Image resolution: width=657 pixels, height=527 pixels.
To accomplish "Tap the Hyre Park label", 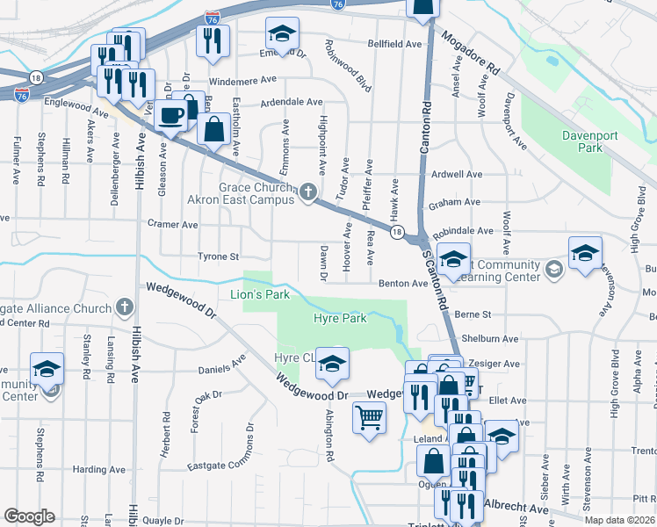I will click(340, 319).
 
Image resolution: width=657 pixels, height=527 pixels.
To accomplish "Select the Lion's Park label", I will click(260, 295).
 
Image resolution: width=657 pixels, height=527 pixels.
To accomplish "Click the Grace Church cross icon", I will click(307, 191).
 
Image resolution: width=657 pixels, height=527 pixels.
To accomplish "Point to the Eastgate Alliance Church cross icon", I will click(125, 308).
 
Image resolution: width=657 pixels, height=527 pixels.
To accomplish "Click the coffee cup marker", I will click(172, 114).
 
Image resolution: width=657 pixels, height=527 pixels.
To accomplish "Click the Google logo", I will click(29, 516).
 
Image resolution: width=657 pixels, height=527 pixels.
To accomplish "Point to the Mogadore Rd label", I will click(471, 54).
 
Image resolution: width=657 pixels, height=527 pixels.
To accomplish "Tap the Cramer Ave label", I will click(173, 225).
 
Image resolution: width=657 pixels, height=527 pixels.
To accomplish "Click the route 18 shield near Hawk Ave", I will click(398, 232).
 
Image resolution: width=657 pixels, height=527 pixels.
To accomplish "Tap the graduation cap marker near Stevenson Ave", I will click(584, 254).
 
